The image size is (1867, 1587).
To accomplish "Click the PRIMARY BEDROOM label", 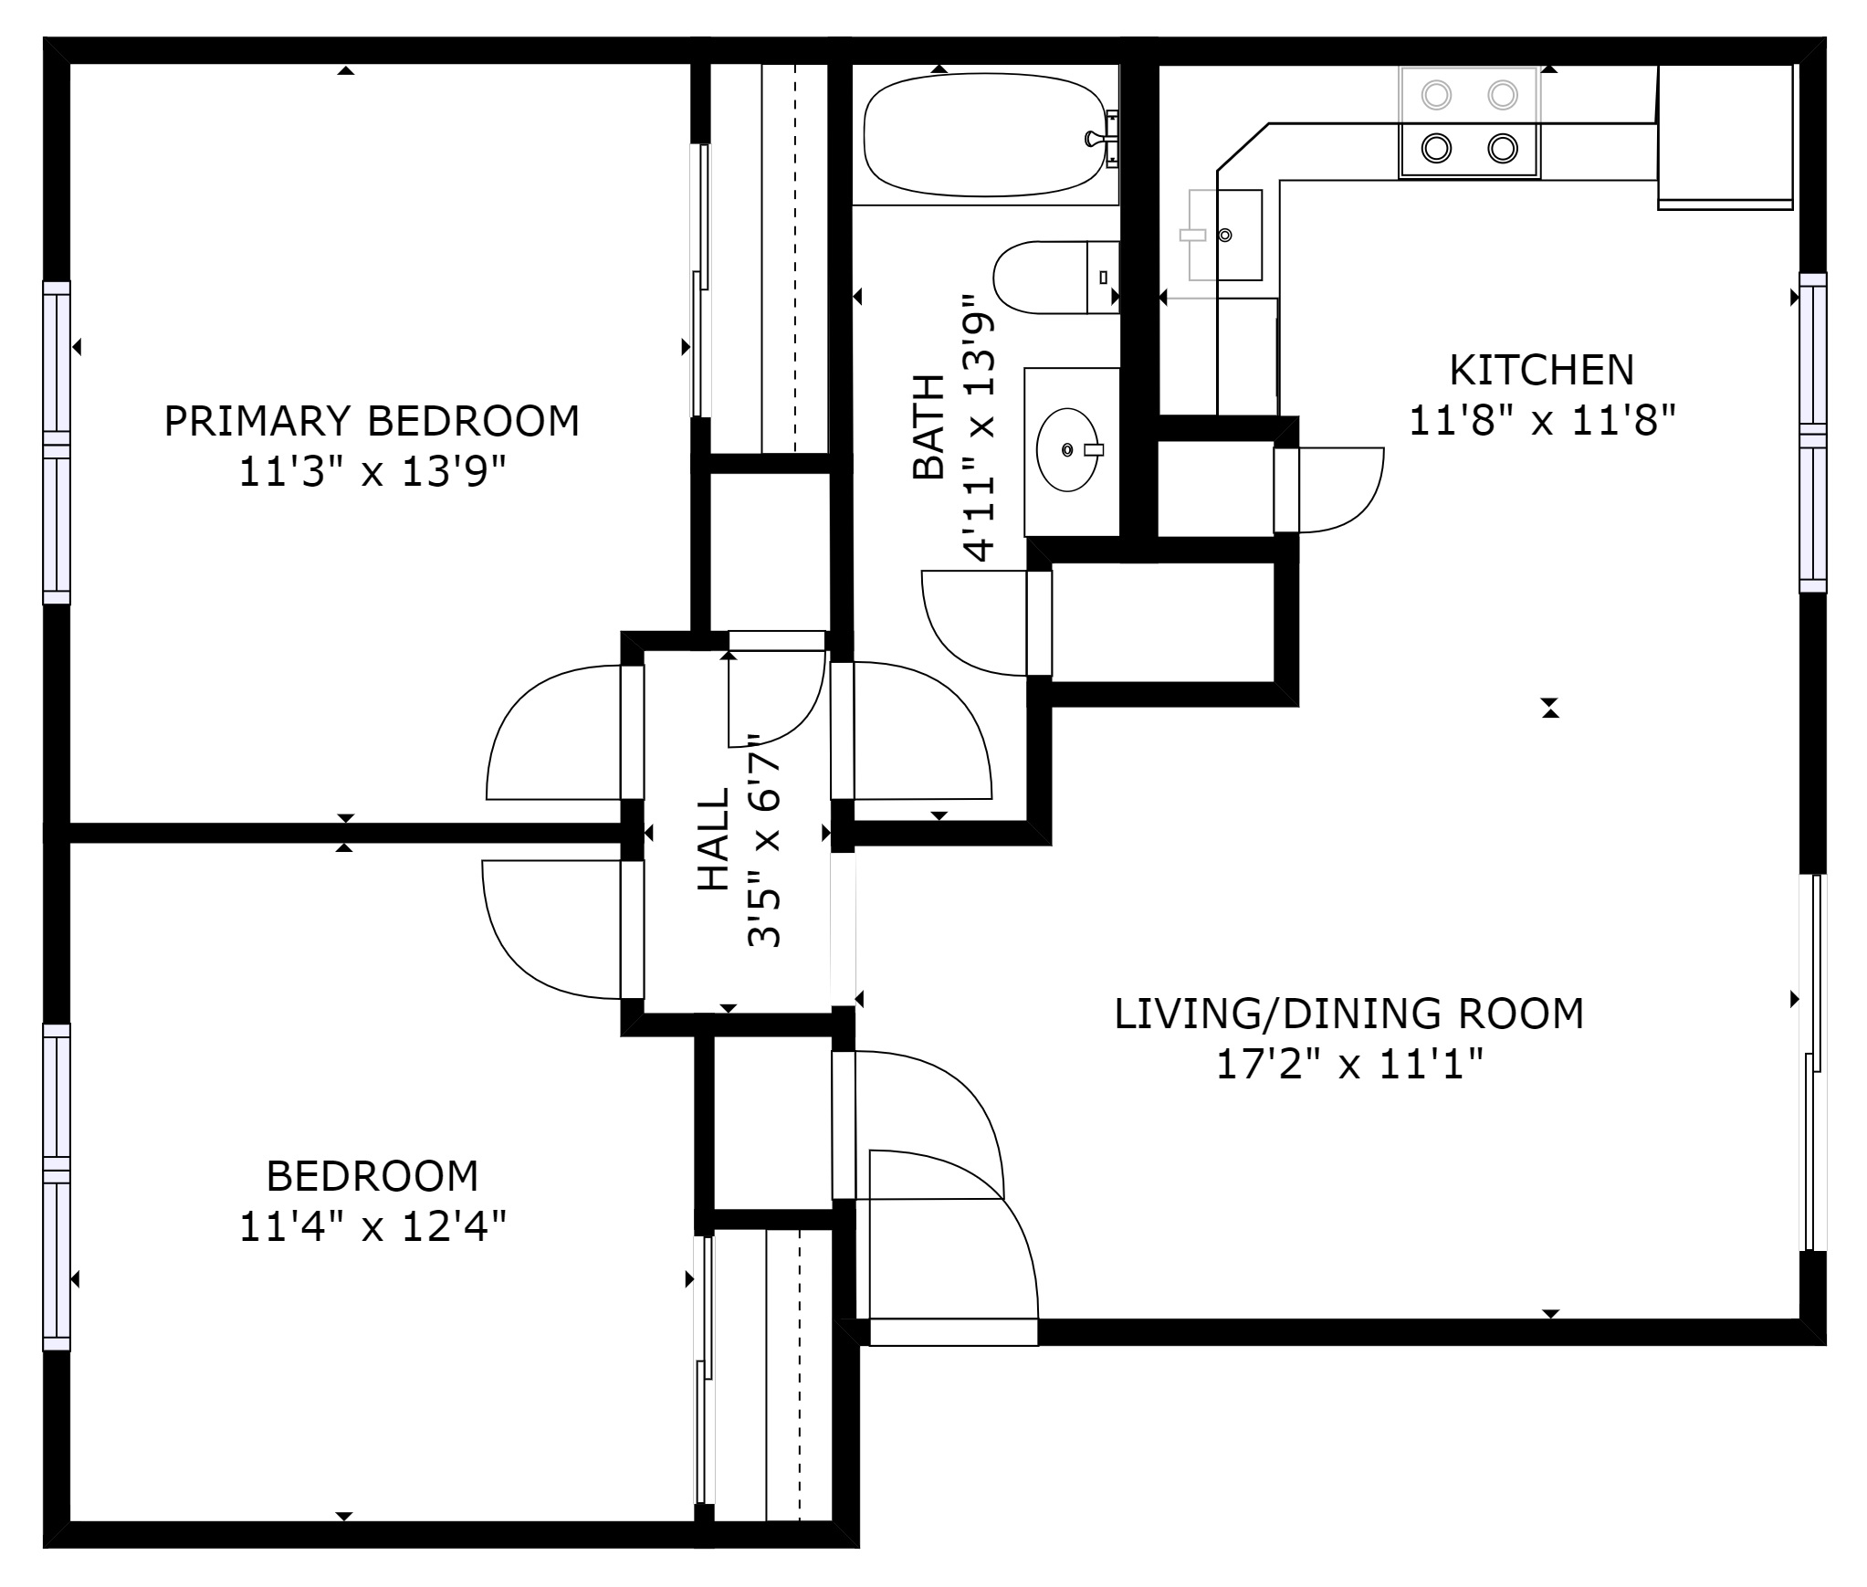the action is pyautogui.click(x=372, y=421).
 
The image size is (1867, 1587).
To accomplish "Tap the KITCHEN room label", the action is pyautogui.click(x=1542, y=370).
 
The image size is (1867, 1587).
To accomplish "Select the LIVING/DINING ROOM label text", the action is pyautogui.click(x=1349, y=1014).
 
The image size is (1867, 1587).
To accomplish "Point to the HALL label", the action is pyautogui.click(x=714, y=839).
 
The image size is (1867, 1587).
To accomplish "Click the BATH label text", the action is pyautogui.click(x=928, y=426).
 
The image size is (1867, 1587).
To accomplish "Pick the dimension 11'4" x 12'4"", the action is pyautogui.click(x=372, y=1226).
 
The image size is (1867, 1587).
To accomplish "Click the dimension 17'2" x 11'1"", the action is pyautogui.click(x=1349, y=1065).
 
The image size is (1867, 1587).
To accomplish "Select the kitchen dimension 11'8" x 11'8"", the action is pyautogui.click(x=1543, y=422).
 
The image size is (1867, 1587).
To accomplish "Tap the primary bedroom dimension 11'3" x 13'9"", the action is pyautogui.click(x=372, y=473).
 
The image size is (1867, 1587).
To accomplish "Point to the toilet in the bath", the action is pyautogui.click(x=1056, y=277).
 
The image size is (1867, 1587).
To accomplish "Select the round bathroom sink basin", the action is pyautogui.click(x=1067, y=450).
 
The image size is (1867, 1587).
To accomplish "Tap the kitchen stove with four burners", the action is pyautogui.click(x=1470, y=121).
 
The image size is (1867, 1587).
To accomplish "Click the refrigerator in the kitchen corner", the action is pyautogui.click(x=1725, y=137).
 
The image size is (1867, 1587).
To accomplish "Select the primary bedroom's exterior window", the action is pyautogui.click(x=57, y=443).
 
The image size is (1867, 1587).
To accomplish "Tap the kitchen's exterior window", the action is pyautogui.click(x=1813, y=433).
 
